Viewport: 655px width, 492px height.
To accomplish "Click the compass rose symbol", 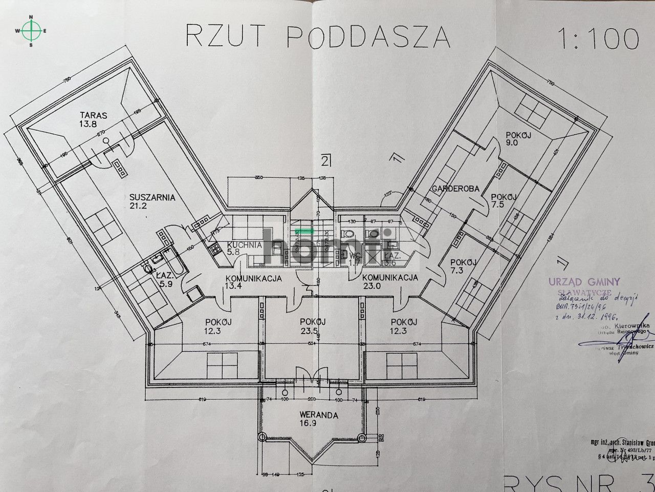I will (x=31, y=31).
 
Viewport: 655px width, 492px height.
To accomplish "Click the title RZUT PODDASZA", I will (x=317, y=36).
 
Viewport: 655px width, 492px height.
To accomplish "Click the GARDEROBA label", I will (x=454, y=189).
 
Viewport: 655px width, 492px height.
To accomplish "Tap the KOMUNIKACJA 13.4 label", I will (x=254, y=283).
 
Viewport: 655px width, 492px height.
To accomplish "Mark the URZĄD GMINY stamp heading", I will (x=584, y=281).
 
